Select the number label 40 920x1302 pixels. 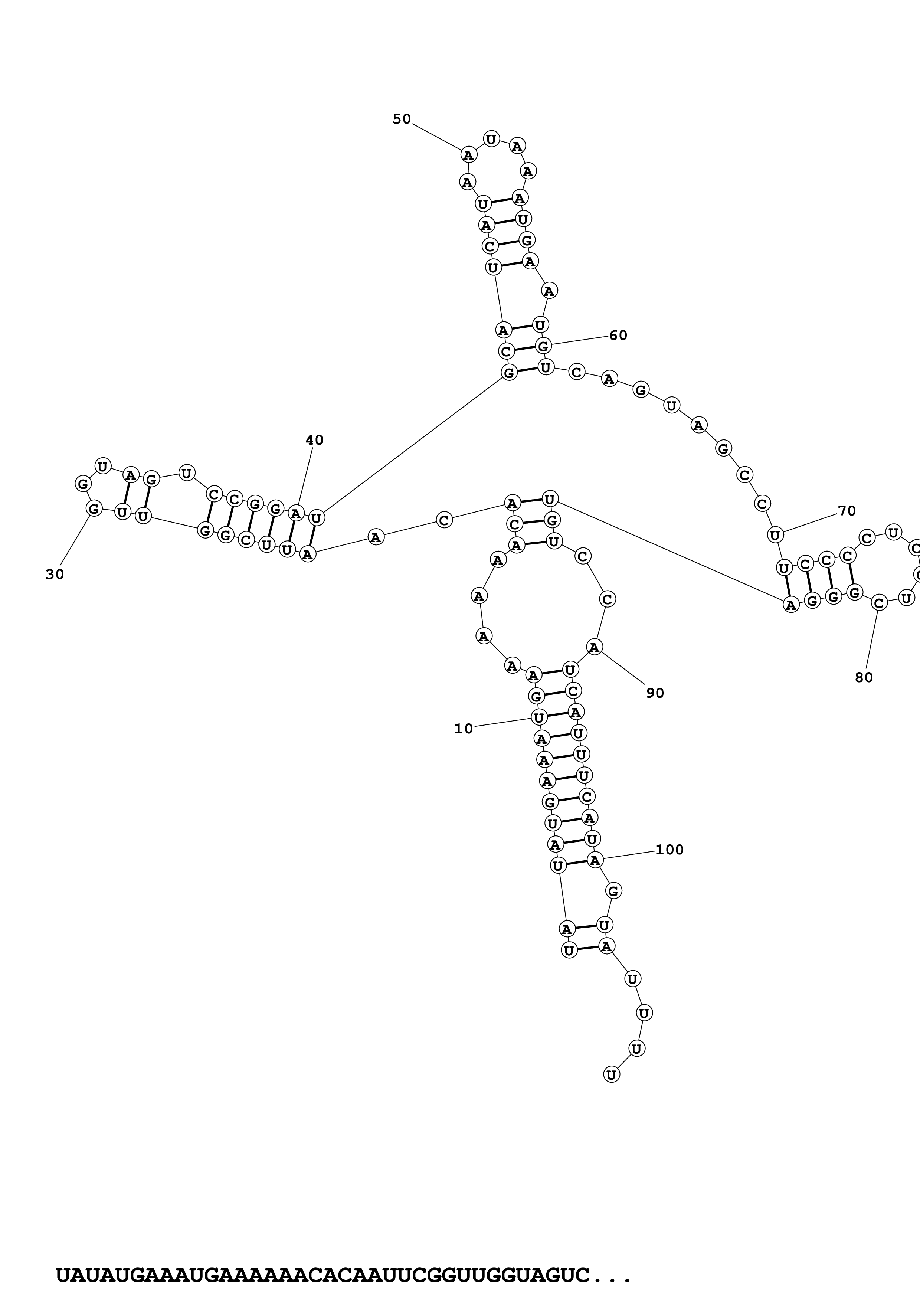tap(315, 440)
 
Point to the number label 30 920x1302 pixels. tap(55, 575)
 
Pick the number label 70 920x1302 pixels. tap(846, 511)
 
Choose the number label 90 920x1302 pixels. tap(655, 693)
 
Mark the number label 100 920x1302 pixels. tap(669, 850)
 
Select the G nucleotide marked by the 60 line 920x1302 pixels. tap(543, 345)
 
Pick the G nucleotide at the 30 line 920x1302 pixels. tap(94, 508)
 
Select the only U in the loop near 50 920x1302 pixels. tap(491, 138)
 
